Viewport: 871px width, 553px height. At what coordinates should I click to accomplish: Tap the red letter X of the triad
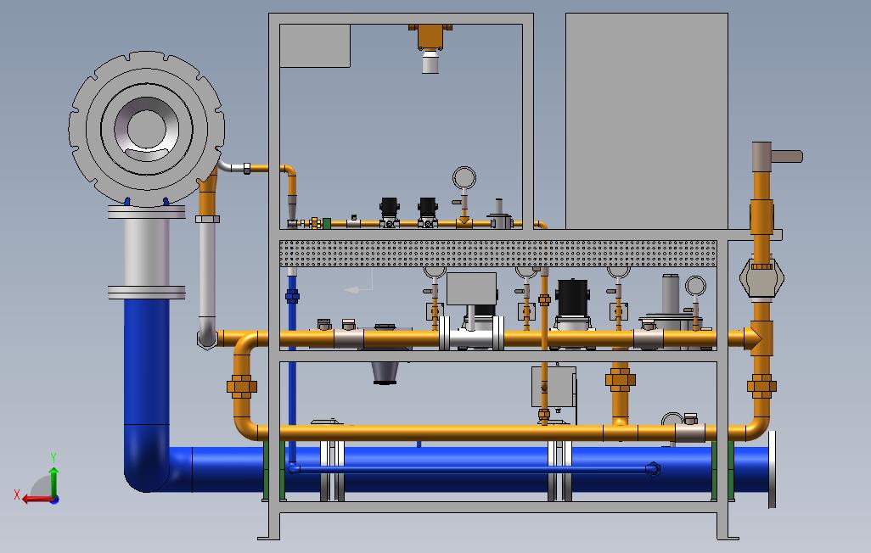(17, 494)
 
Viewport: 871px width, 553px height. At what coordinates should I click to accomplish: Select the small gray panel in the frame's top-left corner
(315, 46)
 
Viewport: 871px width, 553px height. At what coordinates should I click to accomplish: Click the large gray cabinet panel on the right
(647, 121)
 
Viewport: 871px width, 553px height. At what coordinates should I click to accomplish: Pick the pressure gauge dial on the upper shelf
(464, 178)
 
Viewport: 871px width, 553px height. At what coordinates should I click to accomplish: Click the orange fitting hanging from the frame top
(430, 36)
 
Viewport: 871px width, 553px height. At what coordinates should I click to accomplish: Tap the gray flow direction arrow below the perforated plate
(358, 289)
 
